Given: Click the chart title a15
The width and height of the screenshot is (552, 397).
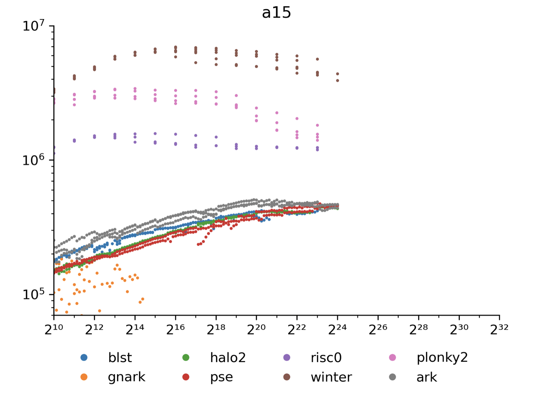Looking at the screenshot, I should (276, 13).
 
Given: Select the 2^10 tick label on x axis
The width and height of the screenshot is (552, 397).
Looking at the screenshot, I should (54, 329).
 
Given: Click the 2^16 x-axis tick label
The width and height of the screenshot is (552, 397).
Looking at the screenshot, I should (175, 329).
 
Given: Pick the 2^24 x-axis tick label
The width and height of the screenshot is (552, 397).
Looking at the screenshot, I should (337, 329).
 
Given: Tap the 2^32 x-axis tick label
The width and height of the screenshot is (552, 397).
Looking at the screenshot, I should (499, 329).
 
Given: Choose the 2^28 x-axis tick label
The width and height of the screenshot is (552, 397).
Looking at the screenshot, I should (418, 329).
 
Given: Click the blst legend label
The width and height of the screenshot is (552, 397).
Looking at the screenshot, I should (120, 358).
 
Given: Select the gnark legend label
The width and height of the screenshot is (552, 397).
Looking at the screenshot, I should (126, 377).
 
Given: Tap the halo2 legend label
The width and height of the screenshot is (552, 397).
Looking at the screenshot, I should (228, 358).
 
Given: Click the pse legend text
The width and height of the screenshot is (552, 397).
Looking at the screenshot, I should (221, 377).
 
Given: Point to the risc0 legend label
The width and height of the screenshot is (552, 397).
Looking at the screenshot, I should (326, 358).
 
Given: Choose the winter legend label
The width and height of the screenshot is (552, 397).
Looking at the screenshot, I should (331, 377).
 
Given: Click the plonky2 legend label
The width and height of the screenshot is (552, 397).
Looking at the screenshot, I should (442, 358).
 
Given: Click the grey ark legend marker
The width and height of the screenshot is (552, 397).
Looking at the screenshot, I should (392, 377).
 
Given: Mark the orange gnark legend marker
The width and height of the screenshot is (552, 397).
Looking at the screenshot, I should (84, 377).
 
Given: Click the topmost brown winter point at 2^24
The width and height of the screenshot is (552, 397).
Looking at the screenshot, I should (338, 74).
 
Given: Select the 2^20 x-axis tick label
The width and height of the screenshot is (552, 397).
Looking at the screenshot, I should (256, 329).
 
